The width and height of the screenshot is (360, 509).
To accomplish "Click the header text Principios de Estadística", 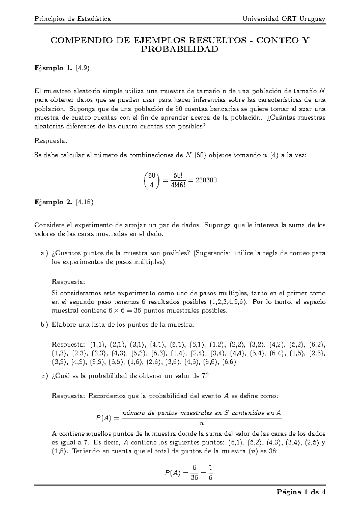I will point(73,19).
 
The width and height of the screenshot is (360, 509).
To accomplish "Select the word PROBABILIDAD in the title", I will point(180,50).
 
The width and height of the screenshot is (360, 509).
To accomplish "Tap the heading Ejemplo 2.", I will point(53,202).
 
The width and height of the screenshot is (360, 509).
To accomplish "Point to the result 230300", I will point(206,180).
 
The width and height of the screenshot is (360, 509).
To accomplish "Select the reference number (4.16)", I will point(85,202).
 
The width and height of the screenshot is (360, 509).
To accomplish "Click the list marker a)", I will point(44,253).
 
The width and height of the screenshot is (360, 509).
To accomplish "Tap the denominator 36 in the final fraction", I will point(194,477).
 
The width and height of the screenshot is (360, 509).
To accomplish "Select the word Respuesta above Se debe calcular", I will point(51,140).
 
